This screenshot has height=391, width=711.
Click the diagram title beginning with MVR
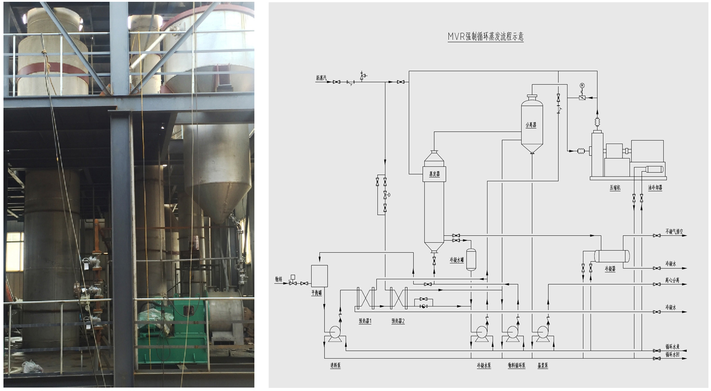click(485, 36)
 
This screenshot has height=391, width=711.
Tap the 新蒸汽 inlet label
click(321, 78)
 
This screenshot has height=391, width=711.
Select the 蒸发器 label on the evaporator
click(434, 174)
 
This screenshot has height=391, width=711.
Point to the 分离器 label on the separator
click(531, 125)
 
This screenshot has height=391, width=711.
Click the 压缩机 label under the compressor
click(615, 188)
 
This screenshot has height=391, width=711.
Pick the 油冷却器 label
click(655, 188)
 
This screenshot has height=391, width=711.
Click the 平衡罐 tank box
click(319, 276)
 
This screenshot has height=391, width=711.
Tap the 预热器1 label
click(365, 321)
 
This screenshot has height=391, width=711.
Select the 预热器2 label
click(398, 321)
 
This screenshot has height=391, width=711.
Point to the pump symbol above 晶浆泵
click(543, 332)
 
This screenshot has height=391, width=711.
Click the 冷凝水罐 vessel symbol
click(471, 259)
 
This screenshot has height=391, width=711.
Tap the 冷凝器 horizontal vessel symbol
click(612, 256)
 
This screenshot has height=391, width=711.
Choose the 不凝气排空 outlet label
click(674, 231)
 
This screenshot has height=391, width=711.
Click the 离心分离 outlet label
click(672, 280)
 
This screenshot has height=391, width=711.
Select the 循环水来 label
click(672, 347)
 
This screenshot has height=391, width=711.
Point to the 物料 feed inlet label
click(279, 279)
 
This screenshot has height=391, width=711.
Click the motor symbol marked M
click(582, 85)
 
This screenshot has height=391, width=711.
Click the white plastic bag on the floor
click(32, 367)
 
